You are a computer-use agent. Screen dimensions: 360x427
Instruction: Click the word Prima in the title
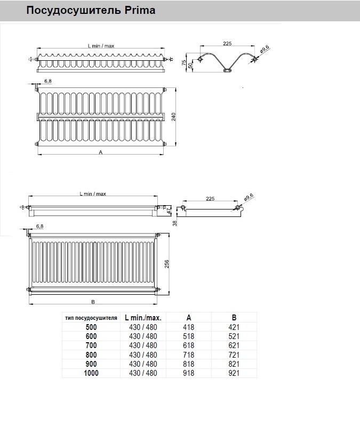[x=140, y=10]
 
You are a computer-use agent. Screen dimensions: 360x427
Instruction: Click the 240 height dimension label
[x=174, y=117]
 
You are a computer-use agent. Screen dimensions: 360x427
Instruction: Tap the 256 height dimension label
[x=167, y=264]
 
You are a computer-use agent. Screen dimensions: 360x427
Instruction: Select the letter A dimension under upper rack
[x=101, y=152]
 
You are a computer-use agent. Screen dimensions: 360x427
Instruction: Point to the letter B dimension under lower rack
[x=93, y=302]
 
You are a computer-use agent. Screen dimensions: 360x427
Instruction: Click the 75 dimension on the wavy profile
[x=184, y=63]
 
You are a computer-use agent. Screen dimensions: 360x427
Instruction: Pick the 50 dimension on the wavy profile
[x=190, y=66]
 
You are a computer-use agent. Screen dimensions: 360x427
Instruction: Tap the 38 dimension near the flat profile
[x=175, y=223]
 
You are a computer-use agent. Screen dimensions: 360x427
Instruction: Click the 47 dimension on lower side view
[x=169, y=211]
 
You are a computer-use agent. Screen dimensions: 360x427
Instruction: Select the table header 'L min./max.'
[x=143, y=318]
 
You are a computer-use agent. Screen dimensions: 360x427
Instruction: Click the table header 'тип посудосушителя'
[x=91, y=318]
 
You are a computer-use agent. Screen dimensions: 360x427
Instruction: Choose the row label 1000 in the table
[x=91, y=373]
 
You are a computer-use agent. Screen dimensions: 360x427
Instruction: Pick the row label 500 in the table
[x=91, y=327]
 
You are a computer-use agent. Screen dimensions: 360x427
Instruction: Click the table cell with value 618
[x=189, y=345]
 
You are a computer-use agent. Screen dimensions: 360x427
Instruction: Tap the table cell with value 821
[x=234, y=364]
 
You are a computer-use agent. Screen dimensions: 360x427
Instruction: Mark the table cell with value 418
[x=189, y=327]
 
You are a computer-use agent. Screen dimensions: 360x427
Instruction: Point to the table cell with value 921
[x=234, y=373]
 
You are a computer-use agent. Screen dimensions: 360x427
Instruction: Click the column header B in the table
[x=234, y=318]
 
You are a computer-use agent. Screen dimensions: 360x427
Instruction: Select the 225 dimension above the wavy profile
[x=227, y=43]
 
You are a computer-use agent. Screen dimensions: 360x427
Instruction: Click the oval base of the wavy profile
[x=227, y=70]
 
